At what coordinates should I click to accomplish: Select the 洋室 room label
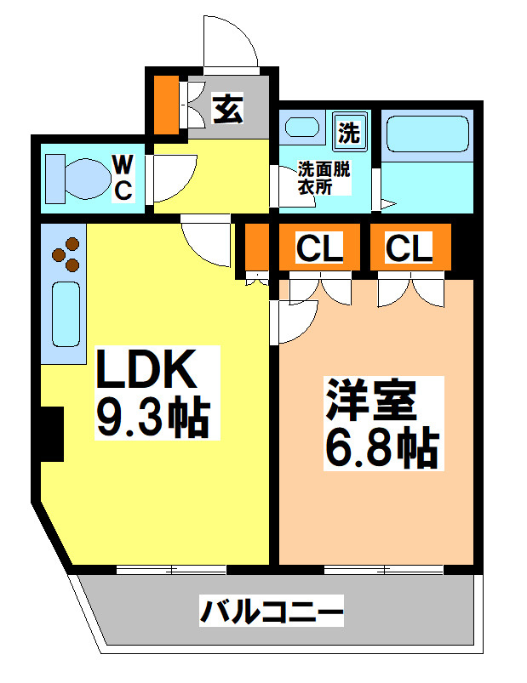pos(369,401)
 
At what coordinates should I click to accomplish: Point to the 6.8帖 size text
pos(380,447)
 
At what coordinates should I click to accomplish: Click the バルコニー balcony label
pos(272,611)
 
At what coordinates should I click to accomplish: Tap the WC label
pos(123,177)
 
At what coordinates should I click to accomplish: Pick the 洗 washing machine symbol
pos(349,132)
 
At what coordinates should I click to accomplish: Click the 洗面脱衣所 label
pos(323,178)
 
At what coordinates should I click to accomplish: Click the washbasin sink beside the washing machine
pos(301,129)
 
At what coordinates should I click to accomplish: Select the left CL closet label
pos(319,248)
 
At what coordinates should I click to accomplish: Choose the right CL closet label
pos(409,248)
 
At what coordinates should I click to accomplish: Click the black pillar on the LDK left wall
pos(51,434)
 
